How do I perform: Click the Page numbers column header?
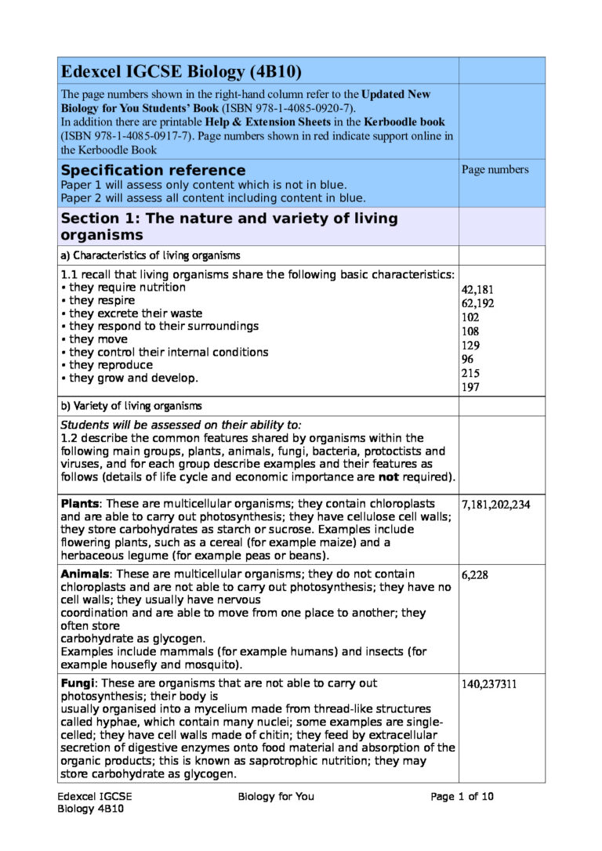pyautogui.click(x=495, y=169)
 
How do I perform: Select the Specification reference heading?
pyautogui.click(x=153, y=170)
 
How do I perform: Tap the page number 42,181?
pyautogui.click(x=477, y=289)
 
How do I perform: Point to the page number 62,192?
pyautogui.click(x=477, y=303)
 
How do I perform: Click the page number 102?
pyautogui.click(x=471, y=317)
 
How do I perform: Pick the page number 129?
pyautogui.click(x=471, y=346)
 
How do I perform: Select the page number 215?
pyautogui.click(x=471, y=373)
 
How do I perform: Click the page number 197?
pyautogui.click(x=471, y=387)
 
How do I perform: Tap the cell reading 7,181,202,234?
pyautogui.click(x=495, y=505)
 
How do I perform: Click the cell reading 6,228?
pyautogui.click(x=475, y=575)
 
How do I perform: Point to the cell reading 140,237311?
pyautogui.click(x=488, y=684)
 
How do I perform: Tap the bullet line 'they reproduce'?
pyautogui.click(x=107, y=365)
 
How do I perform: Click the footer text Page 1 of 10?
pyautogui.click(x=462, y=797)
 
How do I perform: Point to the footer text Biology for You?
pyautogui.click(x=276, y=797)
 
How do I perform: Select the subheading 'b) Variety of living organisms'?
pyautogui.click(x=132, y=406)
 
